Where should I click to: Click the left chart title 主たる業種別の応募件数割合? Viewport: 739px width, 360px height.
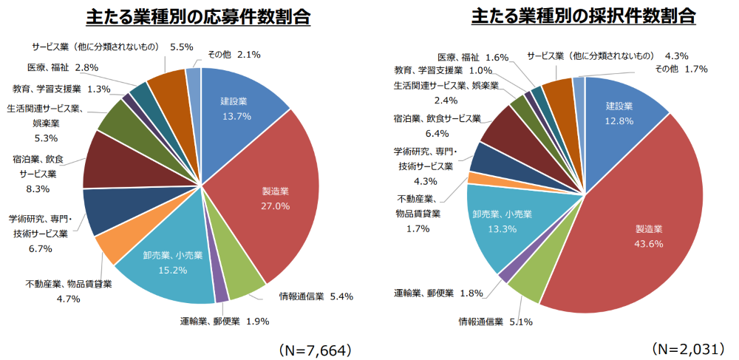(197, 16)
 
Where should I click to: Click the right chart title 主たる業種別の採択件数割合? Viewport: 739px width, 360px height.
(584, 16)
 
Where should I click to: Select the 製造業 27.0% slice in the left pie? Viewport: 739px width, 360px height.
(273, 200)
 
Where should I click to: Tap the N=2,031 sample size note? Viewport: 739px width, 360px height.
(687, 347)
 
